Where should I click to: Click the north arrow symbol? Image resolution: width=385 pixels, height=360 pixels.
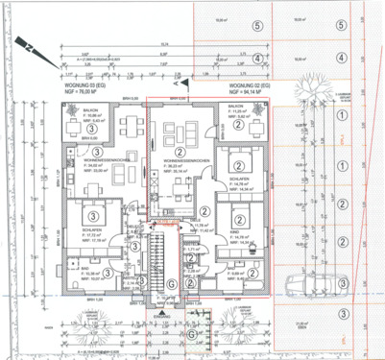tap(31, 50)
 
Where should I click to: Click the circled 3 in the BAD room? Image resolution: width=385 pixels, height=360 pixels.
tap(108, 275)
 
